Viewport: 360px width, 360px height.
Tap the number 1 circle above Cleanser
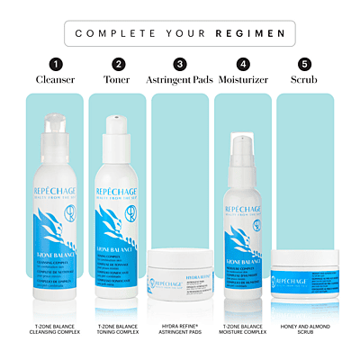[x=56, y=65]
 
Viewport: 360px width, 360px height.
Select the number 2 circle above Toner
[x=118, y=65]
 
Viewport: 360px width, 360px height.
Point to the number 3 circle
[x=180, y=65]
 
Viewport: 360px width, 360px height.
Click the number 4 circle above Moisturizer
[x=242, y=65]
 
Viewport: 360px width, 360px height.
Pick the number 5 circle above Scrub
[x=304, y=65]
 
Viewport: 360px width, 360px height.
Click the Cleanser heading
[x=56, y=80]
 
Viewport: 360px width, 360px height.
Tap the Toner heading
[x=118, y=80]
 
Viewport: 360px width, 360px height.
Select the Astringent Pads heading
[x=180, y=80]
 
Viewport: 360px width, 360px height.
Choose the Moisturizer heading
[x=242, y=80]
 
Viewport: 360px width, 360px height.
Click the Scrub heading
[x=304, y=80]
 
